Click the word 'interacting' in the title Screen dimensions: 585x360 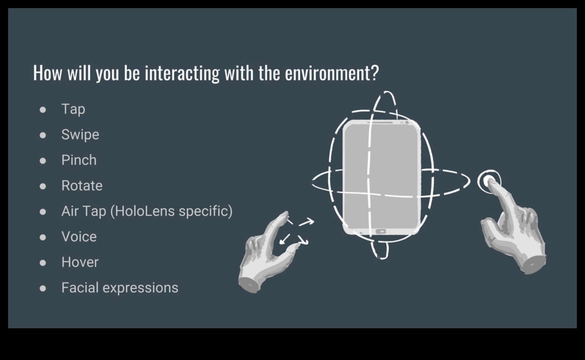tap(182, 73)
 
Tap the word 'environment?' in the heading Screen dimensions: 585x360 tap(331, 73)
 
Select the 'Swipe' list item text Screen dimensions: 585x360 tap(80, 135)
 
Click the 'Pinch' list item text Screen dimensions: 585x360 tap(79, 160)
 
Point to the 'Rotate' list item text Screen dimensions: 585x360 tap(82, 186)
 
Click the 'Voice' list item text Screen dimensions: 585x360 tap(79, 237)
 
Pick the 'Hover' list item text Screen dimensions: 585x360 tap(80, 262)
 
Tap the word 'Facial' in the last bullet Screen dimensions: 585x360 tap(80, 288)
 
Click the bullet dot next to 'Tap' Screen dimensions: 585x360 tap(43, 110)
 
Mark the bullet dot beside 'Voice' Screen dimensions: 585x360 tap(43, 237)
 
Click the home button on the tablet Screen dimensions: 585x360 tap(381, 232)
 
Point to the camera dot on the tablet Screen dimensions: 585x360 tap(407, 122)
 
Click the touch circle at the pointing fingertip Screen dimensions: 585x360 tap(489, 181)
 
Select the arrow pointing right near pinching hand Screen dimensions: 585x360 tap(307, 222)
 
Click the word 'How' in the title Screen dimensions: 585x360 tap(48, 73)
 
